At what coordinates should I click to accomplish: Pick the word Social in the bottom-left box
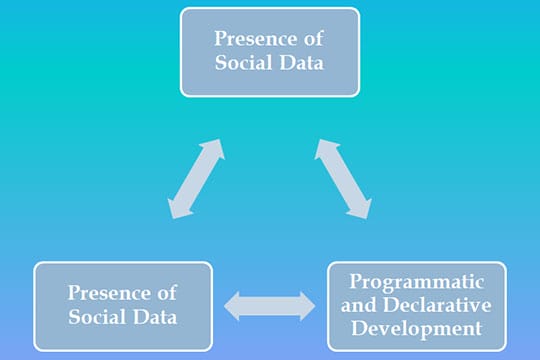click(x=101, y=317)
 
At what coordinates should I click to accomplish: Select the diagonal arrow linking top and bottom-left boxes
click(x=196, y=178)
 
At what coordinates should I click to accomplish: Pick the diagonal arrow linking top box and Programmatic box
click(x=343, y=178)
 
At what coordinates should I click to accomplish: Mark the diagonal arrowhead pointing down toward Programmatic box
click(x=361, y=207)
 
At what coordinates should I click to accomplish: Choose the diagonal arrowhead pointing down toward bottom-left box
click(x=178, y=207)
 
